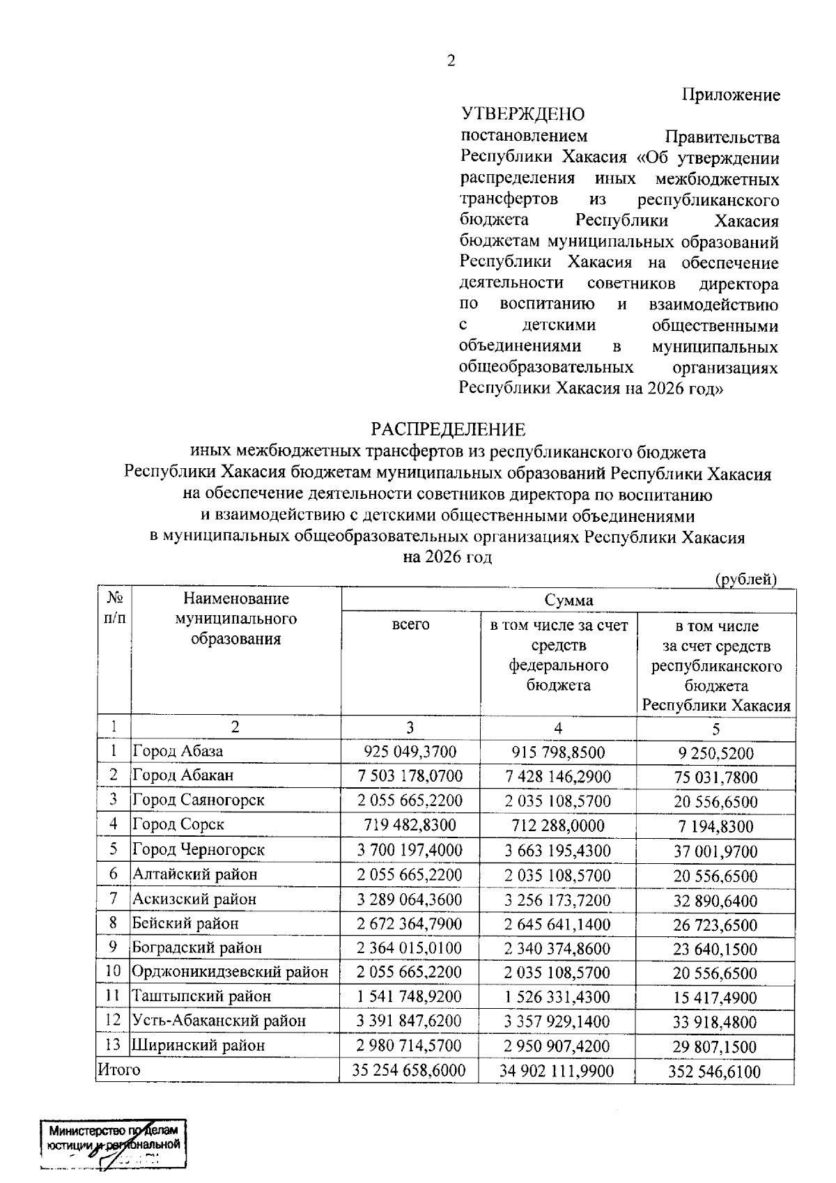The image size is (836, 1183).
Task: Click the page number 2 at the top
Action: coord(451,61)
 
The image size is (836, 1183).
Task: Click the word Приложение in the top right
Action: coord(731,95)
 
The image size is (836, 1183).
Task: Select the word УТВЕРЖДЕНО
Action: coord(522,114)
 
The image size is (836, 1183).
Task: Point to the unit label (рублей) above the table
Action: coord(746,579)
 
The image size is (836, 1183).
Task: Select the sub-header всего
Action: coord(410,625)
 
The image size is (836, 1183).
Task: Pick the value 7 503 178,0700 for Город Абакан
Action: coord(410,776)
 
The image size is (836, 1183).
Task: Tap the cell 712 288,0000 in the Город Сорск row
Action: coord(558,826)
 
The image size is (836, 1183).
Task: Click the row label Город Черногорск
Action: coord(199,850)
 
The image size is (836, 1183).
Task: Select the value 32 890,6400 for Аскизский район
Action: coord(715,901)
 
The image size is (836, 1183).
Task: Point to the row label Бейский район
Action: coord(185,924)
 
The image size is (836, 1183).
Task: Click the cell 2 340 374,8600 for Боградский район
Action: coord(558,948)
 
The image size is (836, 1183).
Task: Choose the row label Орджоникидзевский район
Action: coord(230,972)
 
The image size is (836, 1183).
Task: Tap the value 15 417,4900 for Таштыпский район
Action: coord(715,998)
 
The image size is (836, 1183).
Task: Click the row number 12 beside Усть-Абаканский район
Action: coord(113,1021)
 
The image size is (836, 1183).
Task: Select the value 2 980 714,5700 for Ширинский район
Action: coord(410,1046)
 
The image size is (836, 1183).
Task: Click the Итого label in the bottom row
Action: coord(118,1069)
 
